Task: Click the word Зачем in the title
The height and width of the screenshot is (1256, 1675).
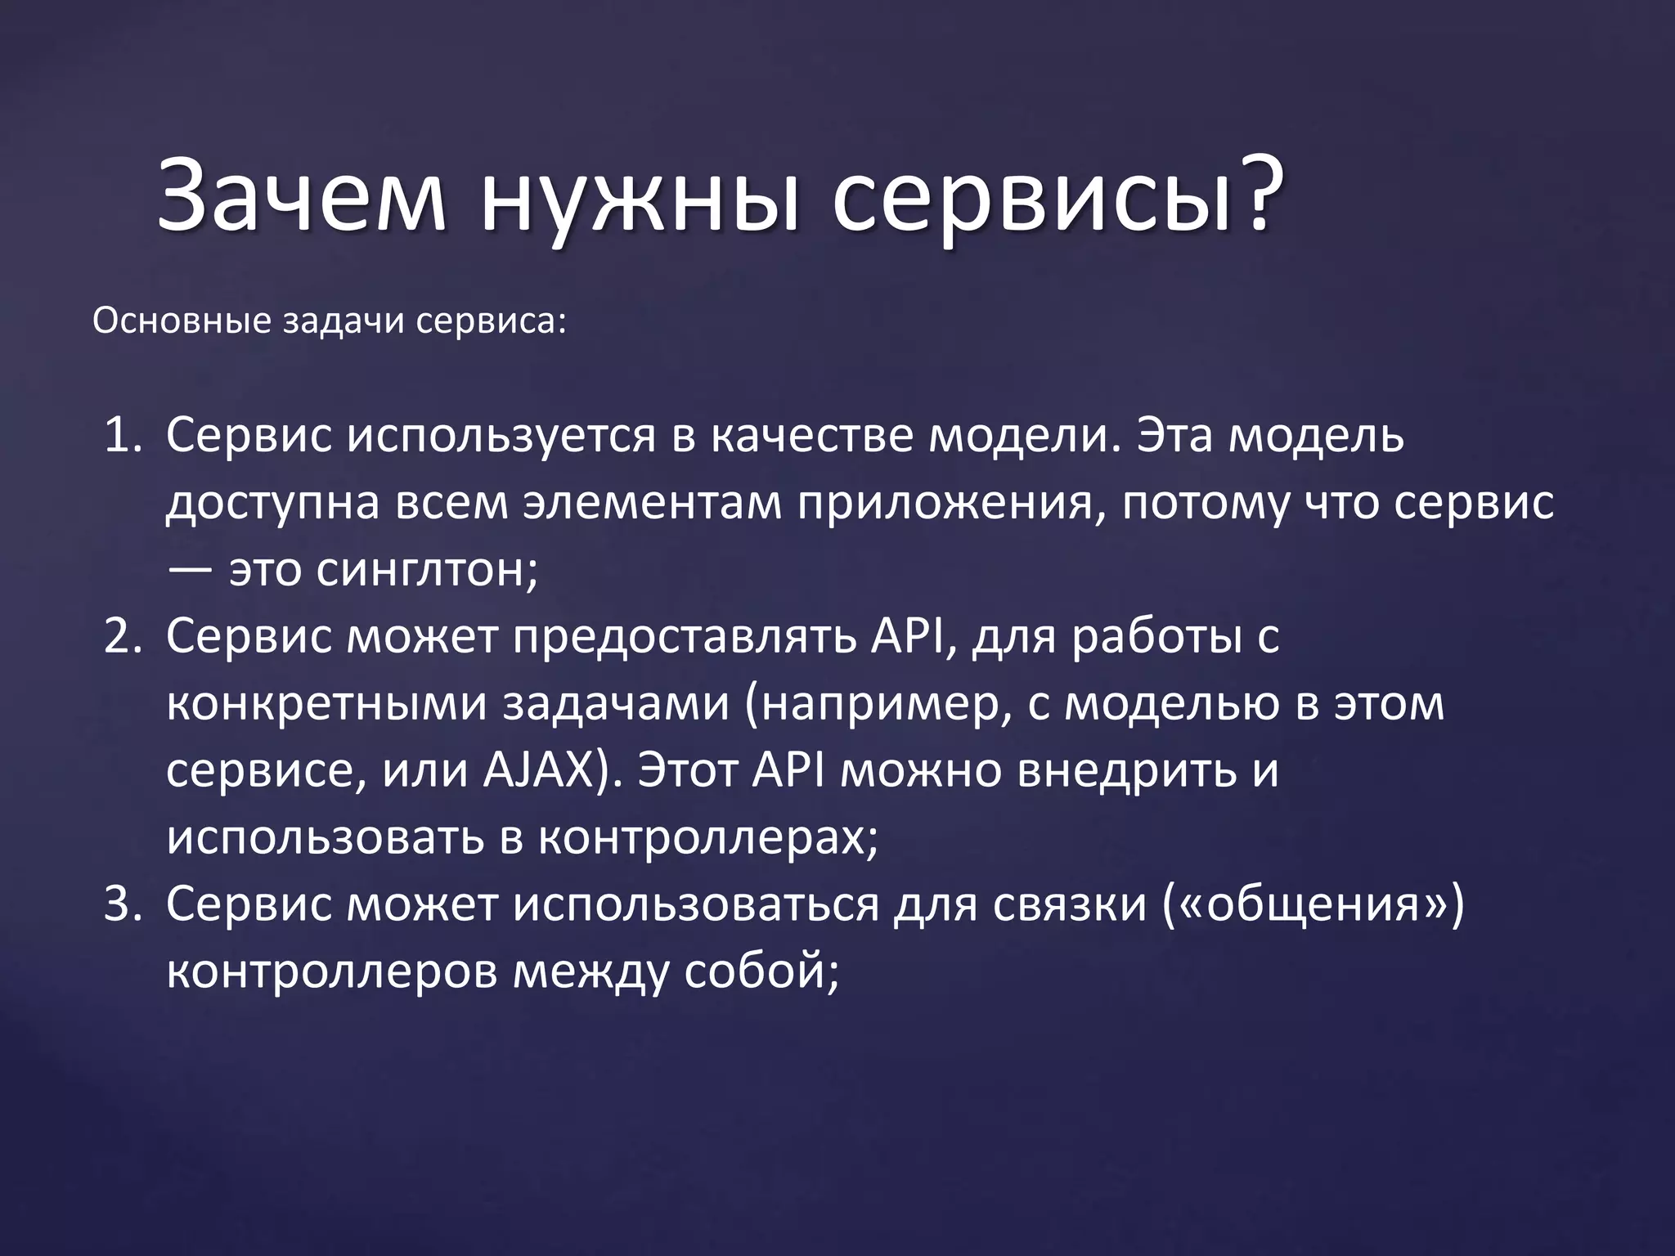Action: click(x=301, y=200)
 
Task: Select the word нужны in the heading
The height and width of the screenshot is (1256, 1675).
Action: click(x=639, y=204)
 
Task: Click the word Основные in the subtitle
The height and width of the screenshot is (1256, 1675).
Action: click(x=182, y=321)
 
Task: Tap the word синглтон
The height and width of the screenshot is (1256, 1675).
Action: click(x=427, y=570)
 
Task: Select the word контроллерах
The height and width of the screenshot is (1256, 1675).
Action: click(x=707, y=838)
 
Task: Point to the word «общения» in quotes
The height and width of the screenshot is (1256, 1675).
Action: click(x=1313, y=905)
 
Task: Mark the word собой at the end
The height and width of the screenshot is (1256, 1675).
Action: click(x=761, y=972)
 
